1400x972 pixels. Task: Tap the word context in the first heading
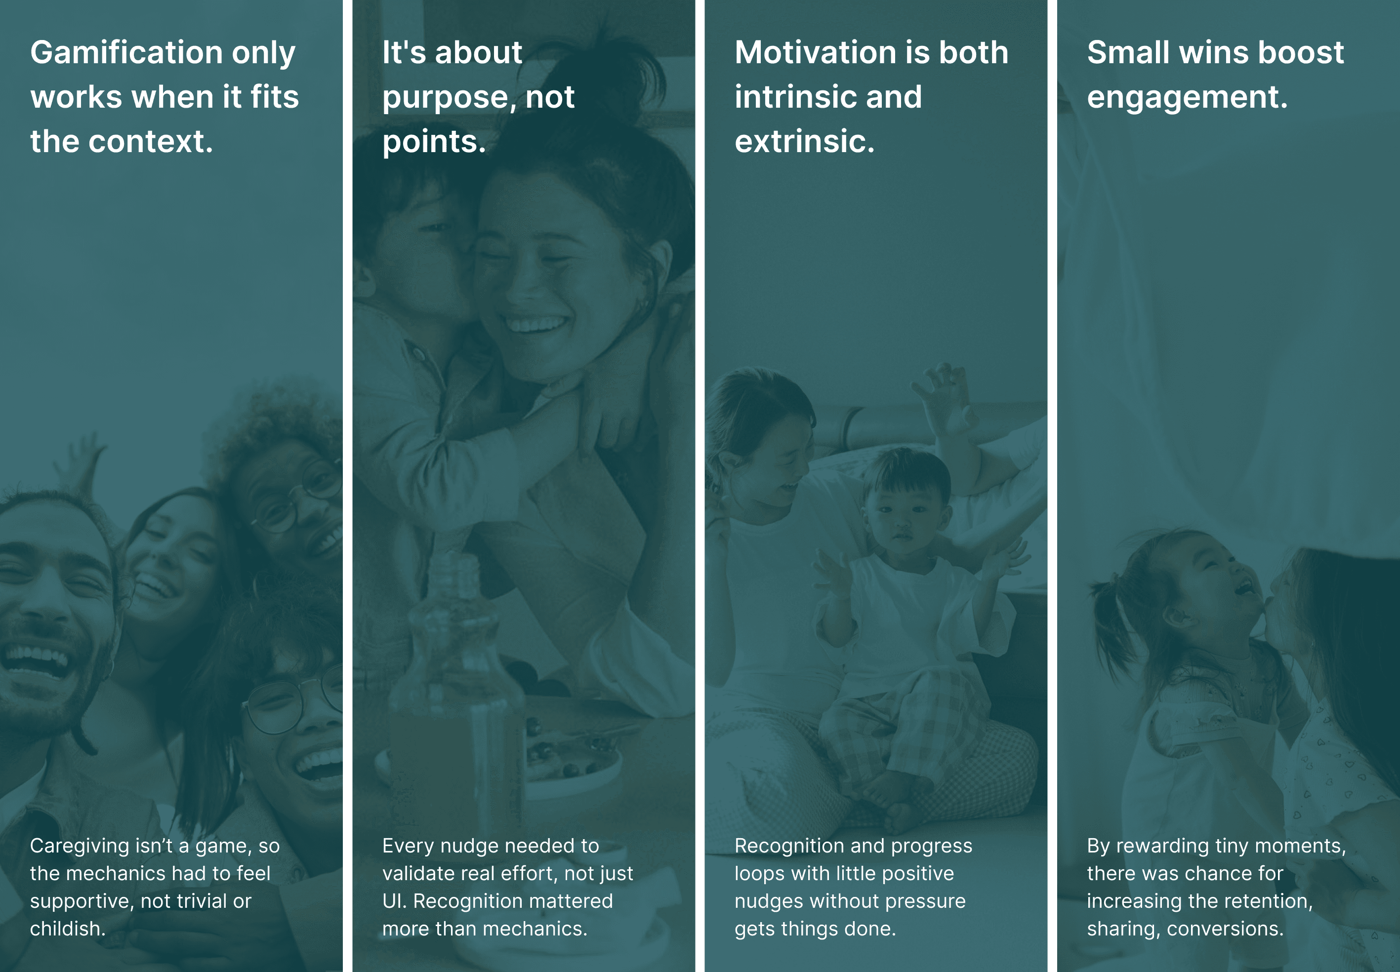tap(150, 142)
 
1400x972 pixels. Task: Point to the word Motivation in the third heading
tap(815, 52)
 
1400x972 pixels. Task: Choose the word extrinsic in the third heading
tap(804, 142)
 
